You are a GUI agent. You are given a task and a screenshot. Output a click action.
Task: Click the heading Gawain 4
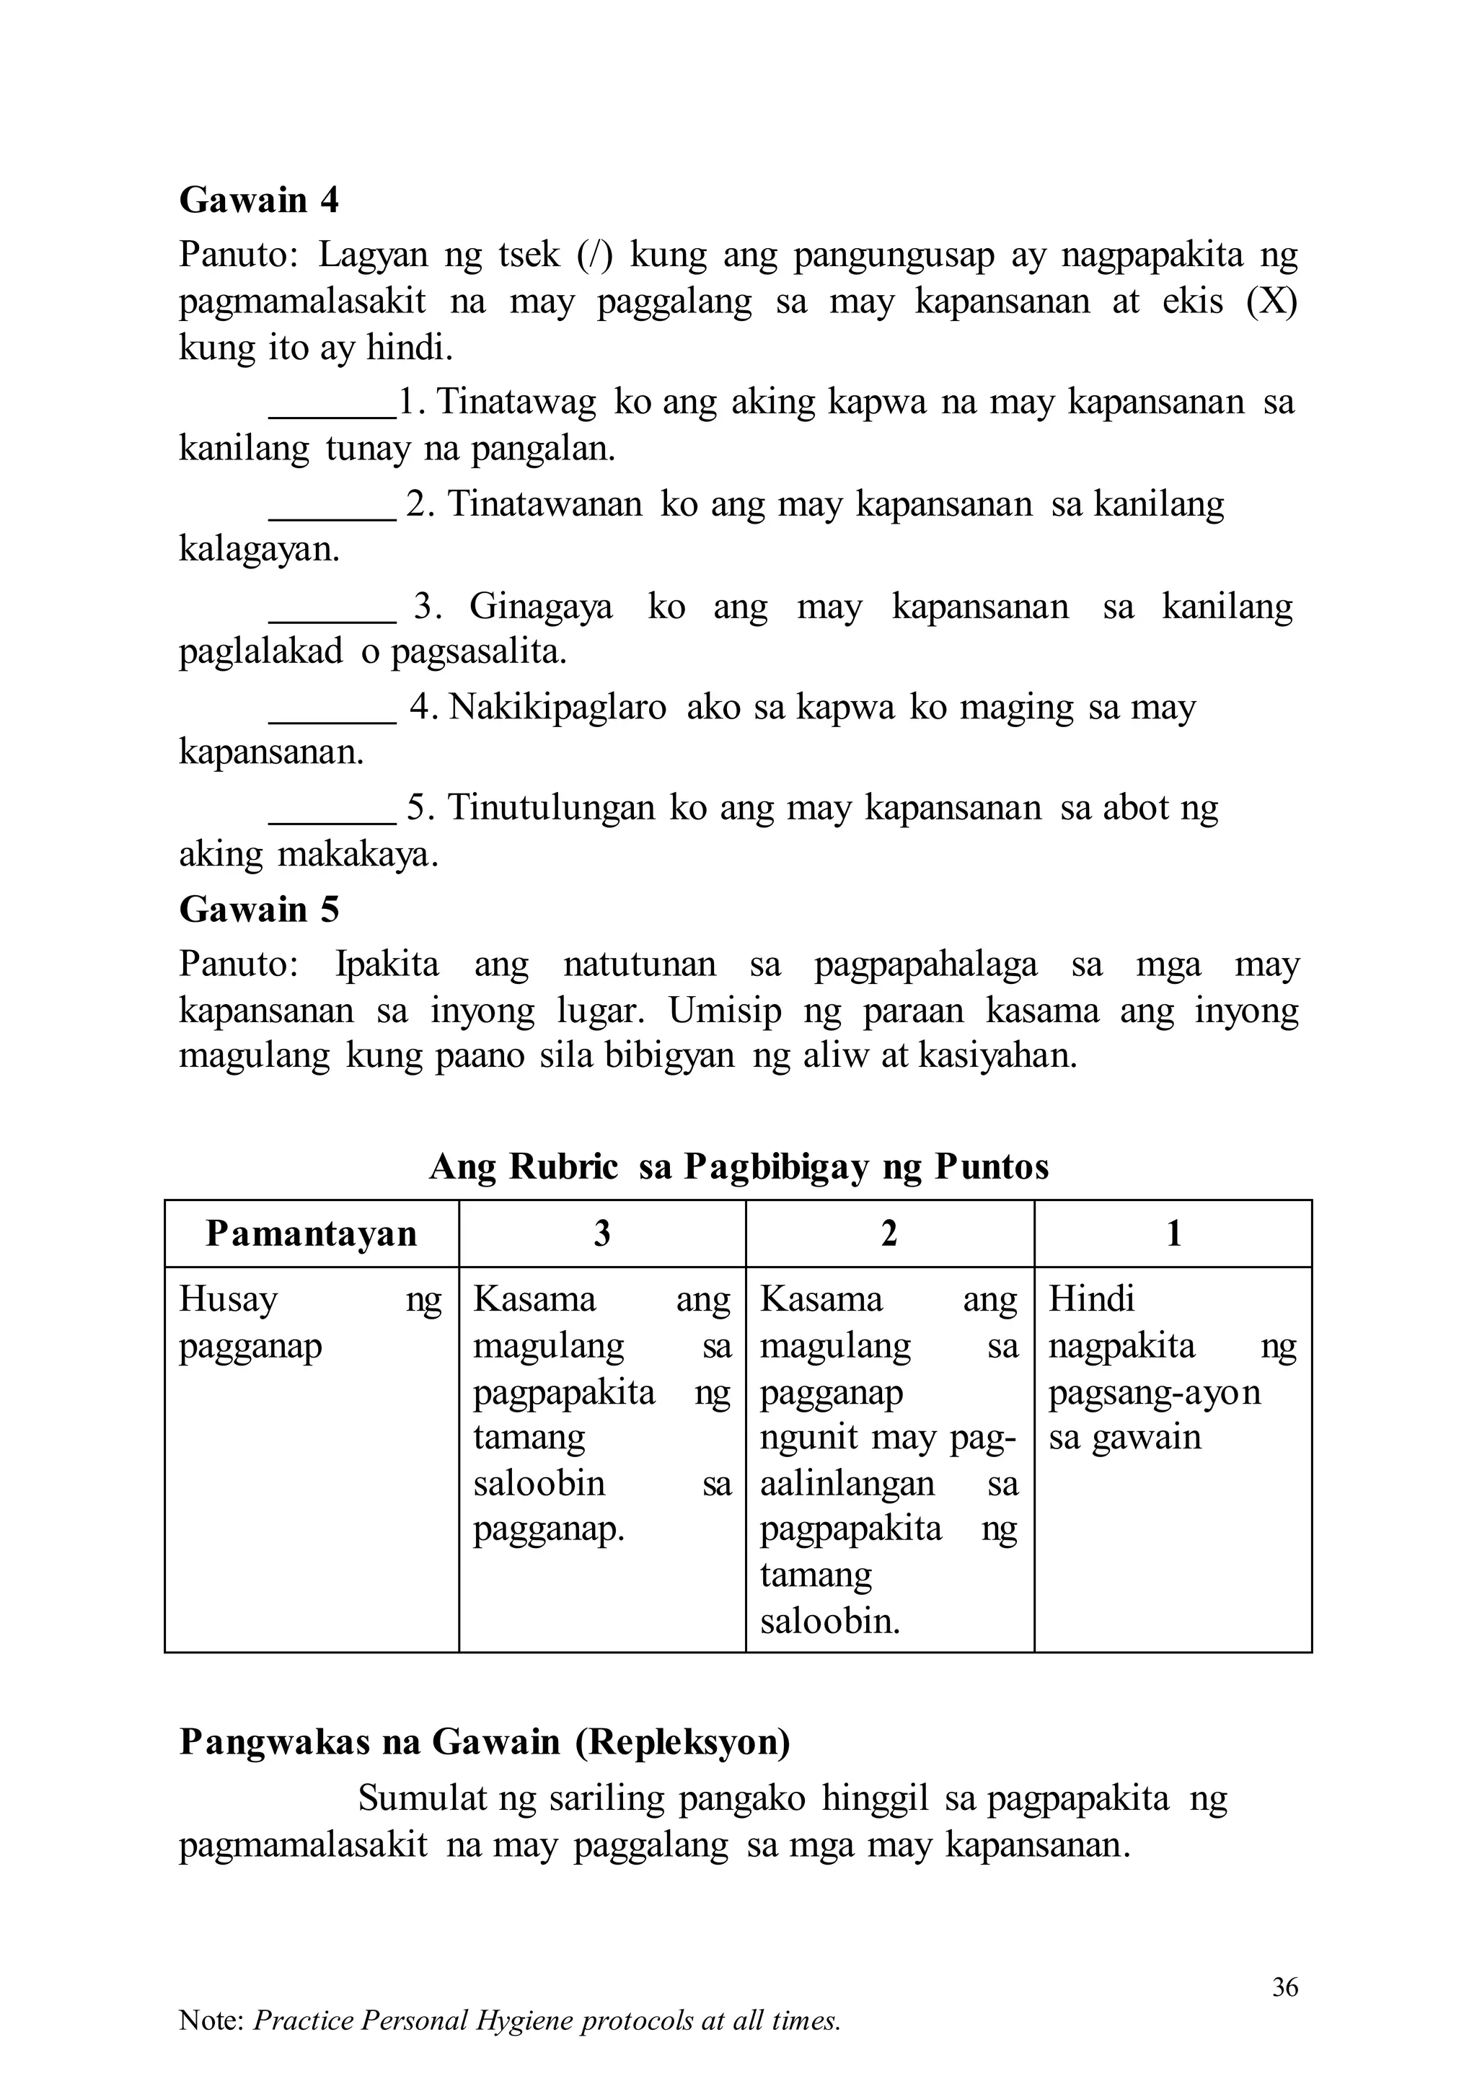(258, 200)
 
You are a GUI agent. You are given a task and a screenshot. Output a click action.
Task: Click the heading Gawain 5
(258, 909)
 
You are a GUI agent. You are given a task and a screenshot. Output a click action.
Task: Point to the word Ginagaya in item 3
(541, 607)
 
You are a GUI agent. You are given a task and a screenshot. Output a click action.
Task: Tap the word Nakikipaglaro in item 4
(557, 708)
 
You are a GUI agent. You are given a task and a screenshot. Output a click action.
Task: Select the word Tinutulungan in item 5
(551, 809)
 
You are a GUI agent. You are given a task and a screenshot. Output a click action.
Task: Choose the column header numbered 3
(602, 1233)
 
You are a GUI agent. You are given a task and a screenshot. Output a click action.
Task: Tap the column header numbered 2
(889, 1233)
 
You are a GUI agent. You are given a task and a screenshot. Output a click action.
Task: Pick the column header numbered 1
(1173, 1233)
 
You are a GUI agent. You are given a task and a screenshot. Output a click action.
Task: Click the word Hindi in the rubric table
(1091, 1299)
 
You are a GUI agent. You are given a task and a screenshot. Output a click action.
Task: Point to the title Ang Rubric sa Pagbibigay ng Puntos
(738, 1166)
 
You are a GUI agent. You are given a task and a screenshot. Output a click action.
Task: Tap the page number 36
(1284, 1987)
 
